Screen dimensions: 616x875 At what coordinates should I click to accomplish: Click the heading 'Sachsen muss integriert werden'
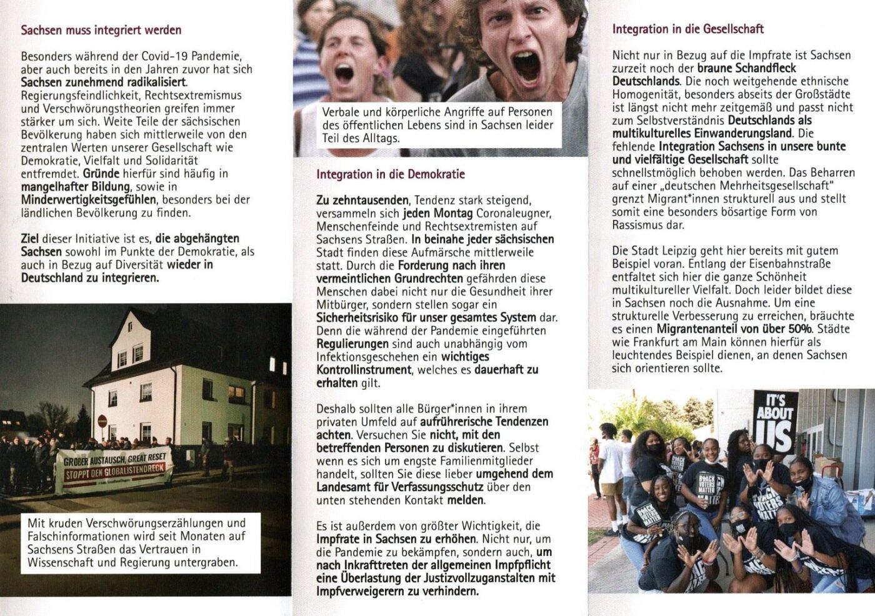click(x=101, y=29)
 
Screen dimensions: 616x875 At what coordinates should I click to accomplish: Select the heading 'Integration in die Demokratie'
click(x=391, y=174)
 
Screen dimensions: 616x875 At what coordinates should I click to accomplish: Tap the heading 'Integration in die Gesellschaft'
click(x=687, y=29)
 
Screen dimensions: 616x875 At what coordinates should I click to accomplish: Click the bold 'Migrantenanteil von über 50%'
click(x=734, y=329)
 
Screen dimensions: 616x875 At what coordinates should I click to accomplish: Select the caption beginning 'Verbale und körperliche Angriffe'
click(x=437, y=125)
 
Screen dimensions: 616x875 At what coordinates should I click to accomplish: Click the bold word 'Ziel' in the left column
click(x=30, y=238)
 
